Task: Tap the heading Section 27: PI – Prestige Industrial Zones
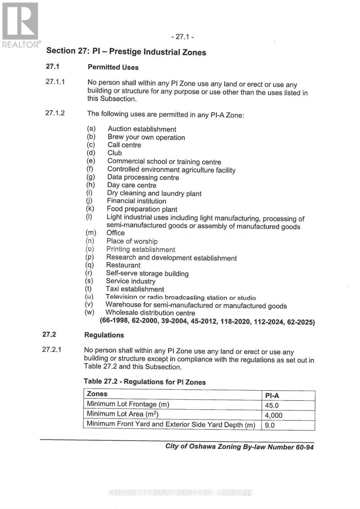[x=126, y=52]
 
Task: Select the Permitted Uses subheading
[x=113, y=67]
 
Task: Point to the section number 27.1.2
[x=55, y=113]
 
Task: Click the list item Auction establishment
[x=142, y=129]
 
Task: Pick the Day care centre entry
[x=132, y=185]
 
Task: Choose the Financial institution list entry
[x=136, y=201]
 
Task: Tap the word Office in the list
[x=115, y=233]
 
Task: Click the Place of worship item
[x=132, y=241]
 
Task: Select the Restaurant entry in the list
[x=123, y=266]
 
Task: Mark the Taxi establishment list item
[x=135, y=289]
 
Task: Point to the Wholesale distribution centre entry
[x=150, y=313]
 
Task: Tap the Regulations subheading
[x=104, y=335]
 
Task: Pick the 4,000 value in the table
[x=273, y=415]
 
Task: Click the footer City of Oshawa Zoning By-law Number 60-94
[x=239, y=447]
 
